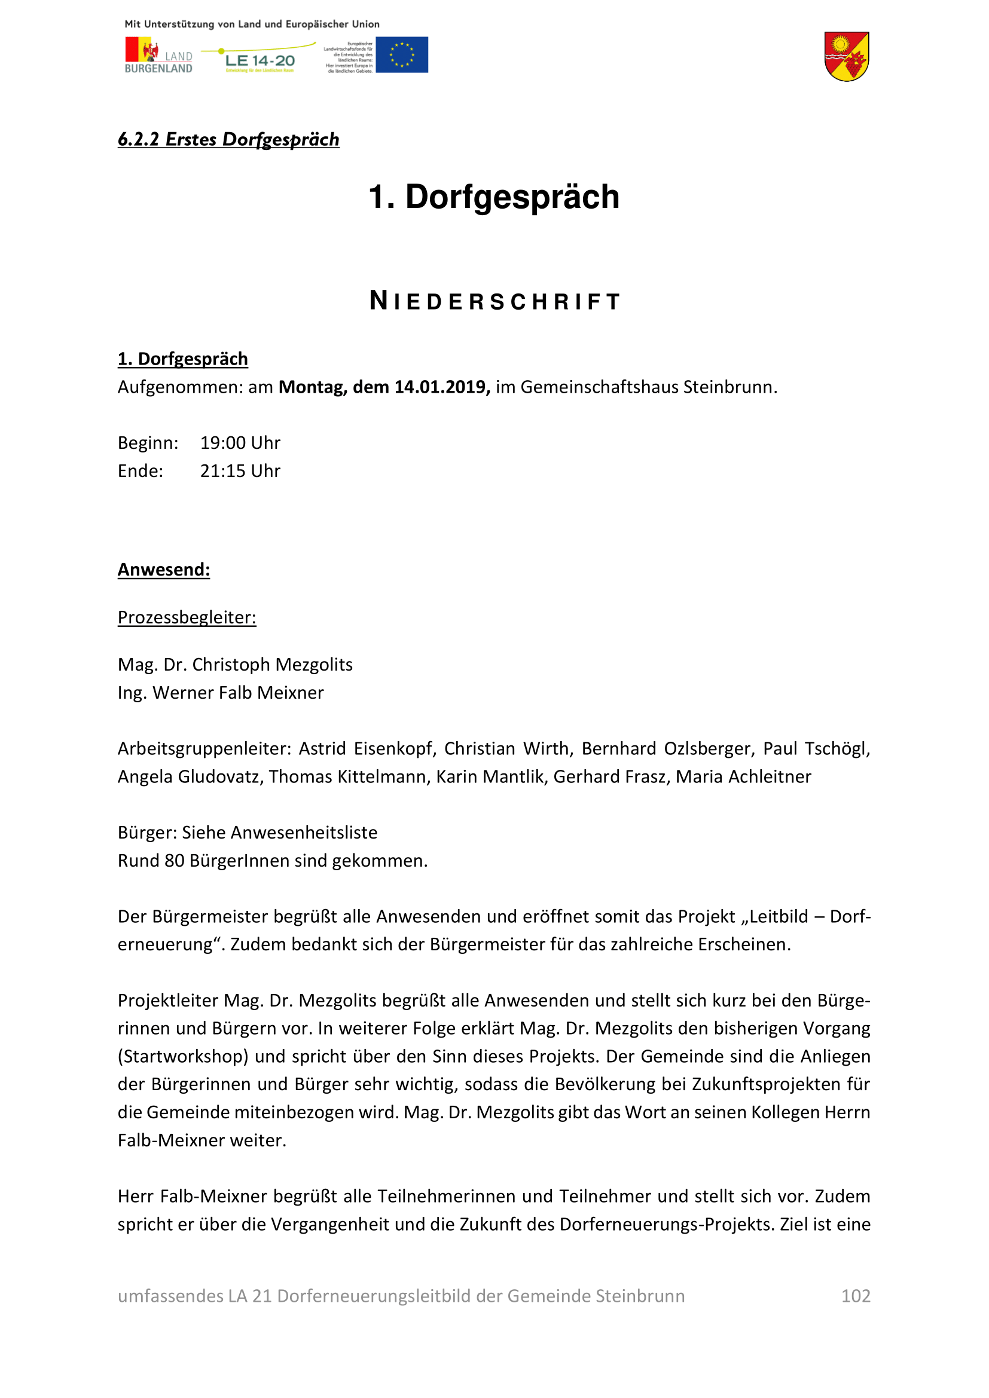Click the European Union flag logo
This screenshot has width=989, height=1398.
tap(401, 55)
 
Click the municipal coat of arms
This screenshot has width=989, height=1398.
tap(847, 57)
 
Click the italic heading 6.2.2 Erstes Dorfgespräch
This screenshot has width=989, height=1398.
tap(228, 139)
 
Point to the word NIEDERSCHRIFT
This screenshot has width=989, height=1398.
tap(494, 301)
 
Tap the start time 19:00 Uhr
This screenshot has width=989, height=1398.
tap(240, 443)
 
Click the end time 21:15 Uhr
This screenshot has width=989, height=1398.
tap(240, 470)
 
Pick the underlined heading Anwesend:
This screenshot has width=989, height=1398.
tap(164, 570)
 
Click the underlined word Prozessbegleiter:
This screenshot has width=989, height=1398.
tap(187, 617)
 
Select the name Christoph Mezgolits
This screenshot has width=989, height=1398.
tap(272, 664)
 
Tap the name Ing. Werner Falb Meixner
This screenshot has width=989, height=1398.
tap(221, 692)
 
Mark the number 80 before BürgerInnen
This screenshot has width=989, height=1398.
tap(174, 860)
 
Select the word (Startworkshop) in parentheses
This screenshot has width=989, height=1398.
tap(183, 1056)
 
